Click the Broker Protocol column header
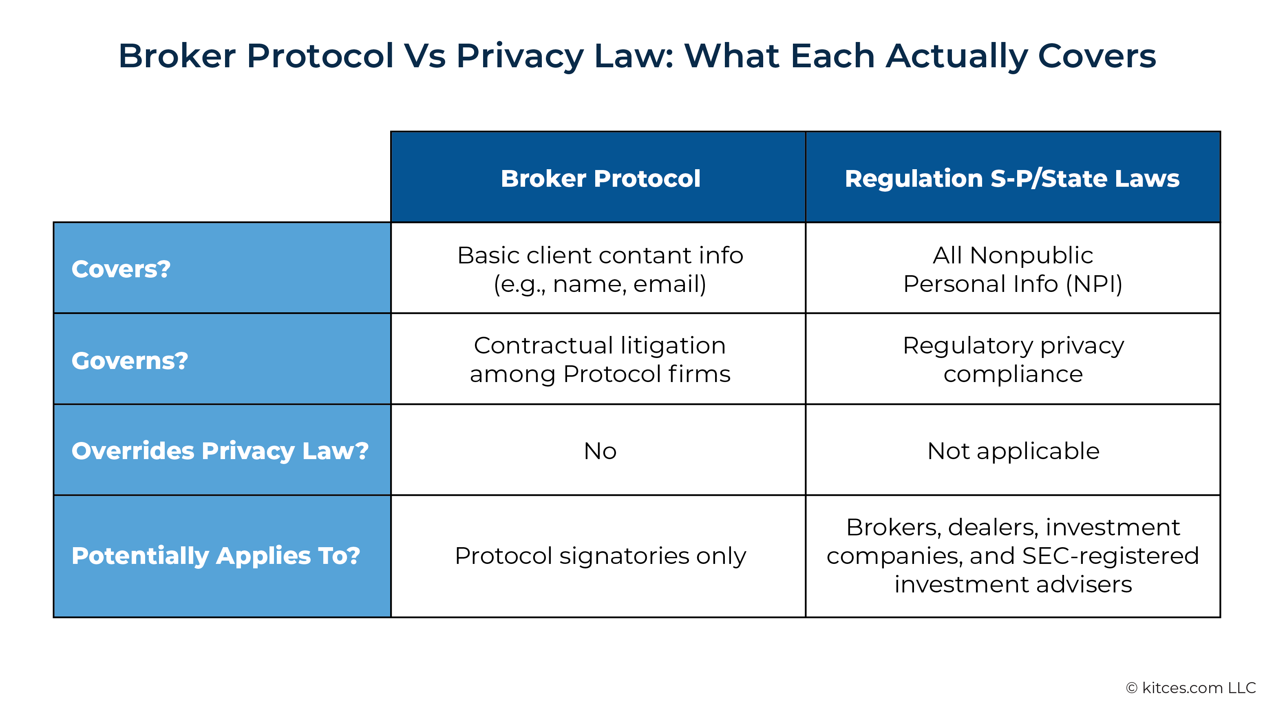pyautogui.click(x=600, y=178)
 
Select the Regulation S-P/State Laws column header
pyautogui.click(x=1012, y=178)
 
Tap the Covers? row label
pyautogui.click(x=121, y=269)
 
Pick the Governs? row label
pyautogui.click(x=130, y=361)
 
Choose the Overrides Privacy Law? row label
pyautogui.click(x=220, y=451)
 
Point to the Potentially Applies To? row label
pyautogui.click(x=216, y=556)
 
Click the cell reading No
pyautogui.click(x=600, y=451)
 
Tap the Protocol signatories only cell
pyautogui.click(x=600, y=556)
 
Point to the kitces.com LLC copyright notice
pyautogui.click(x=1191, y=688)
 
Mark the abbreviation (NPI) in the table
pyautogui.click(x=1094, y=284)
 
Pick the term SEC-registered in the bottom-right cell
pyautogui.click(x=1110, y=556)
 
